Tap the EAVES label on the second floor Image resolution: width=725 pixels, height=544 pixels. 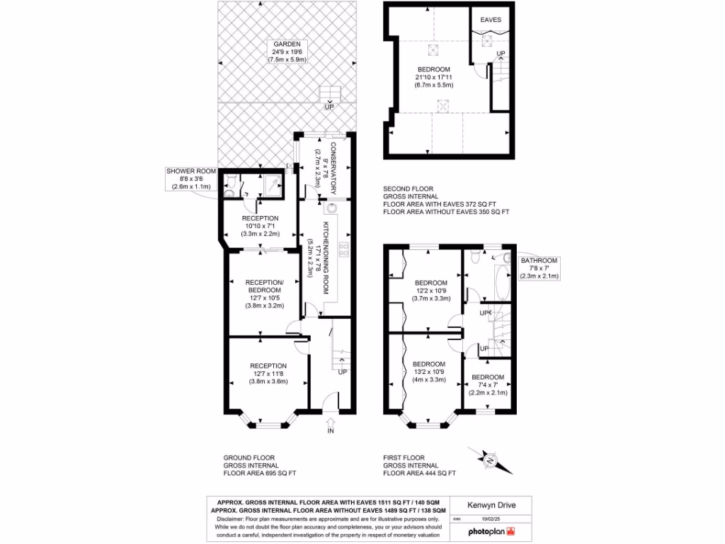coord(491,20)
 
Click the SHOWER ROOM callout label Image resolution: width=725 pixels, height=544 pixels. coord(190,171)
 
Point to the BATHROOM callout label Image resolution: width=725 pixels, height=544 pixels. coord(540,261)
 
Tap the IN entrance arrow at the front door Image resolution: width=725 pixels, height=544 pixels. coord(330,424)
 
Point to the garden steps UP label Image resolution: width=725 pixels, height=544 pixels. coord(329,107)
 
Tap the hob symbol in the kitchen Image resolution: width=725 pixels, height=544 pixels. coord(345,248)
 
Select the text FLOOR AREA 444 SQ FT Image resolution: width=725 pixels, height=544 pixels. coord(420,473)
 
